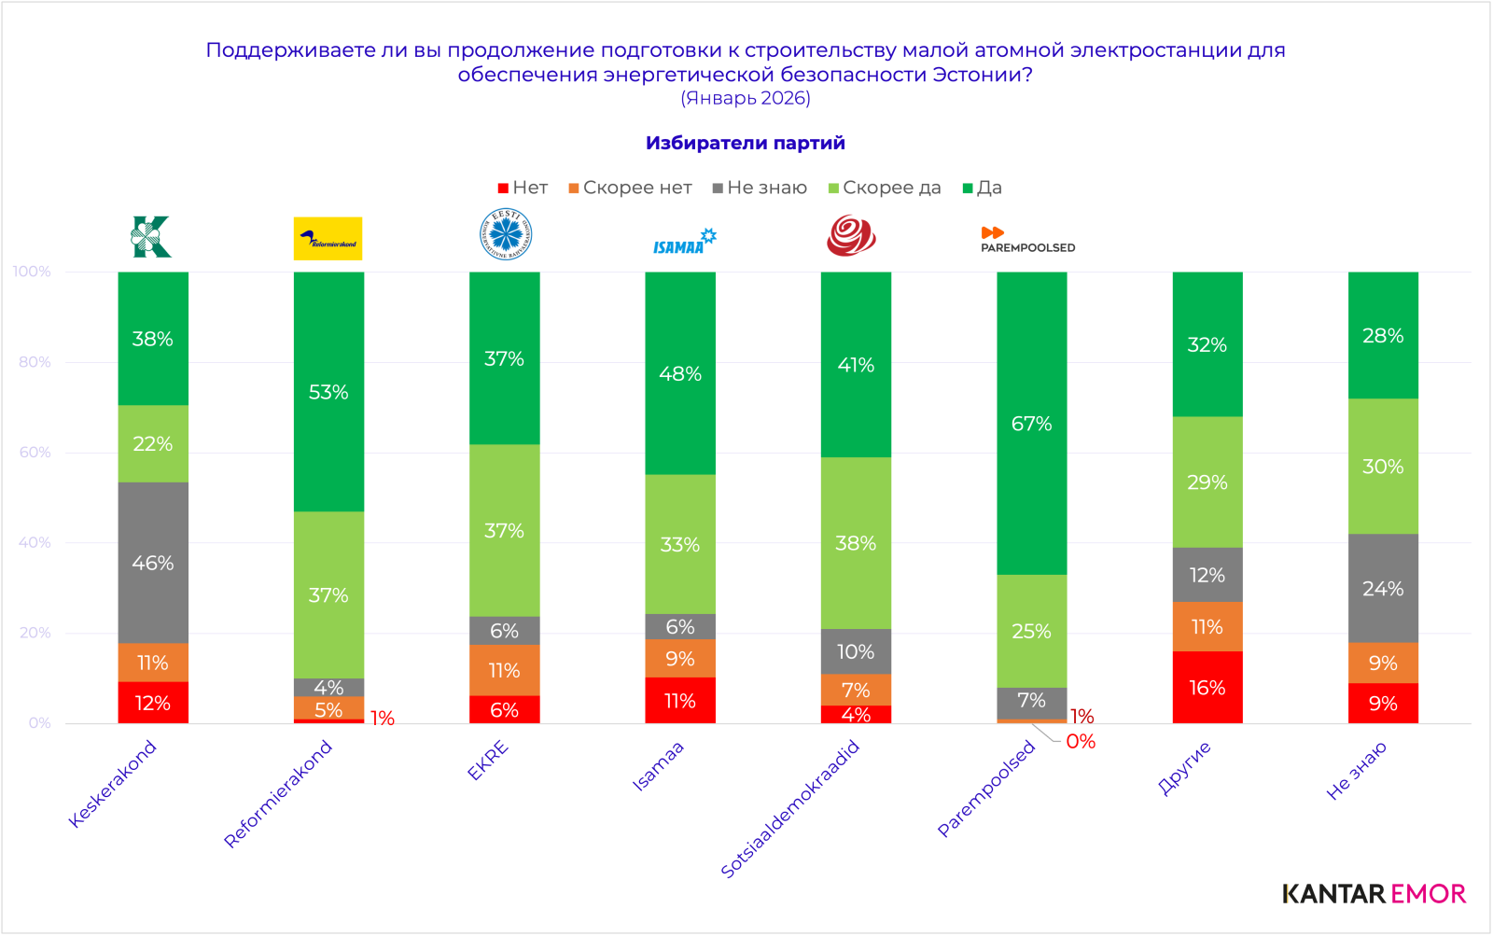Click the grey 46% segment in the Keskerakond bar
153,563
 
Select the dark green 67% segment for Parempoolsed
1031,423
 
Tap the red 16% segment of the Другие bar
1207,688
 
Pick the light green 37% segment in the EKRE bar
504,530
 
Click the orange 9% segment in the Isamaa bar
680,659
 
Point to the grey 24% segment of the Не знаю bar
1383,588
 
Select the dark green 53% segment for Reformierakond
328,392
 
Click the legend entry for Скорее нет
631,188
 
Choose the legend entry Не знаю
760,188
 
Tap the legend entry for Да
983,188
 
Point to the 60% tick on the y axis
35,453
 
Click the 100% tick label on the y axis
32,272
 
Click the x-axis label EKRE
488,761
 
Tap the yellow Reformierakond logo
328,239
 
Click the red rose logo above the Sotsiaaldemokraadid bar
851,235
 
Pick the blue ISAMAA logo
685,242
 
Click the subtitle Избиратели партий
746,143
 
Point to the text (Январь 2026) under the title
746,98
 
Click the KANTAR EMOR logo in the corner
1374,893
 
